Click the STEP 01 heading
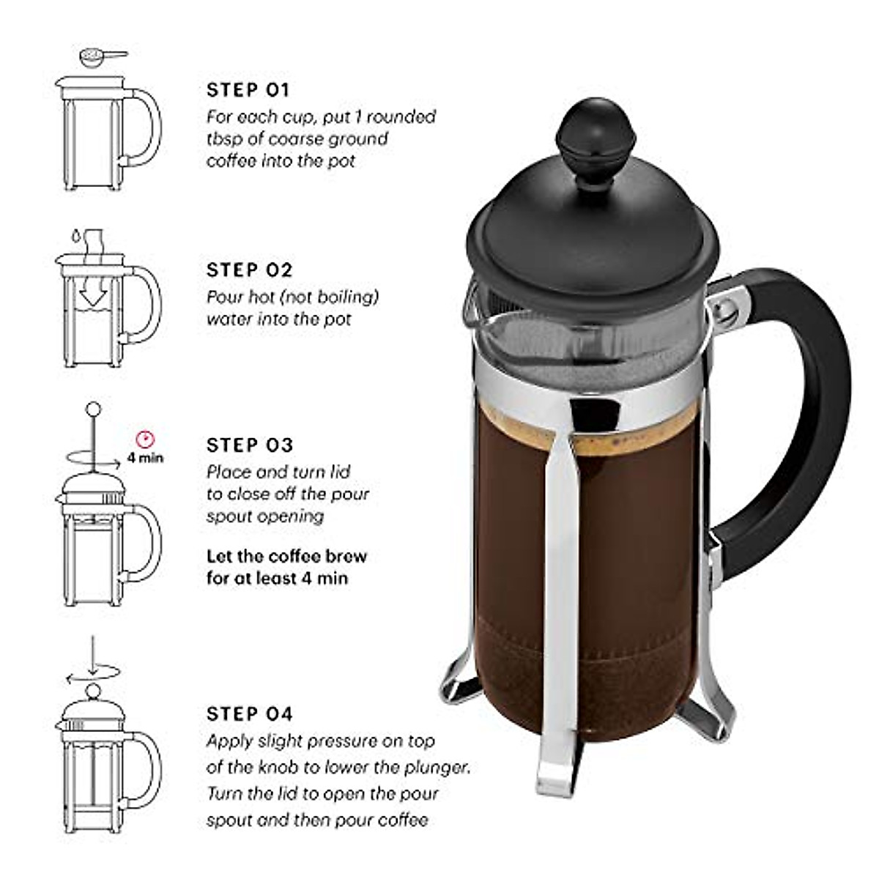coord(248,90)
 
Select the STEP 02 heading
coord(249,270)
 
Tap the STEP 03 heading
coord(249,445)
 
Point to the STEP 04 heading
coord(249,713)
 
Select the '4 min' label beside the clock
coord(145,459)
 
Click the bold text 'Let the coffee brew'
coord(286,556)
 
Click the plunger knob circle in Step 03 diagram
coord(93,408)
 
